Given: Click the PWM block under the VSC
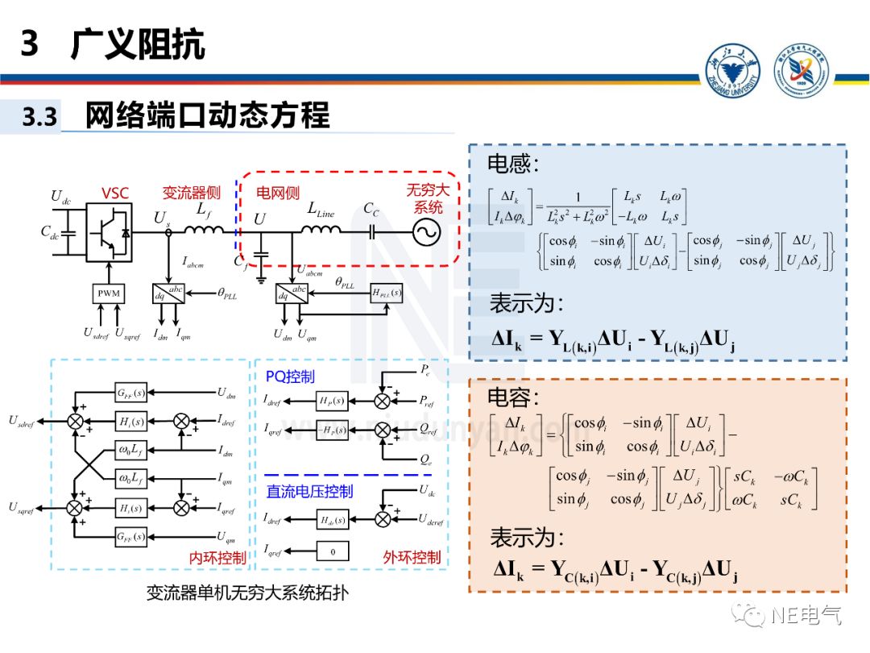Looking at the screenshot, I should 109,293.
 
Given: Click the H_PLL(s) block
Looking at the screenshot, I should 387,293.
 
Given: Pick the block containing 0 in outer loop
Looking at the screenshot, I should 333,551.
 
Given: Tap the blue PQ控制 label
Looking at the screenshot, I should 290,376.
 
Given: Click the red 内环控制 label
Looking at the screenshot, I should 217,558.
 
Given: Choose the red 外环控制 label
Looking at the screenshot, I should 412,557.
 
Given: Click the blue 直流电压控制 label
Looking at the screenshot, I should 310,491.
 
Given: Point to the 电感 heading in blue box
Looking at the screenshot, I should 512,164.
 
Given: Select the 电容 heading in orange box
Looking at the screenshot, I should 513,397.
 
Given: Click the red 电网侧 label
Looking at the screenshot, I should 278,193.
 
